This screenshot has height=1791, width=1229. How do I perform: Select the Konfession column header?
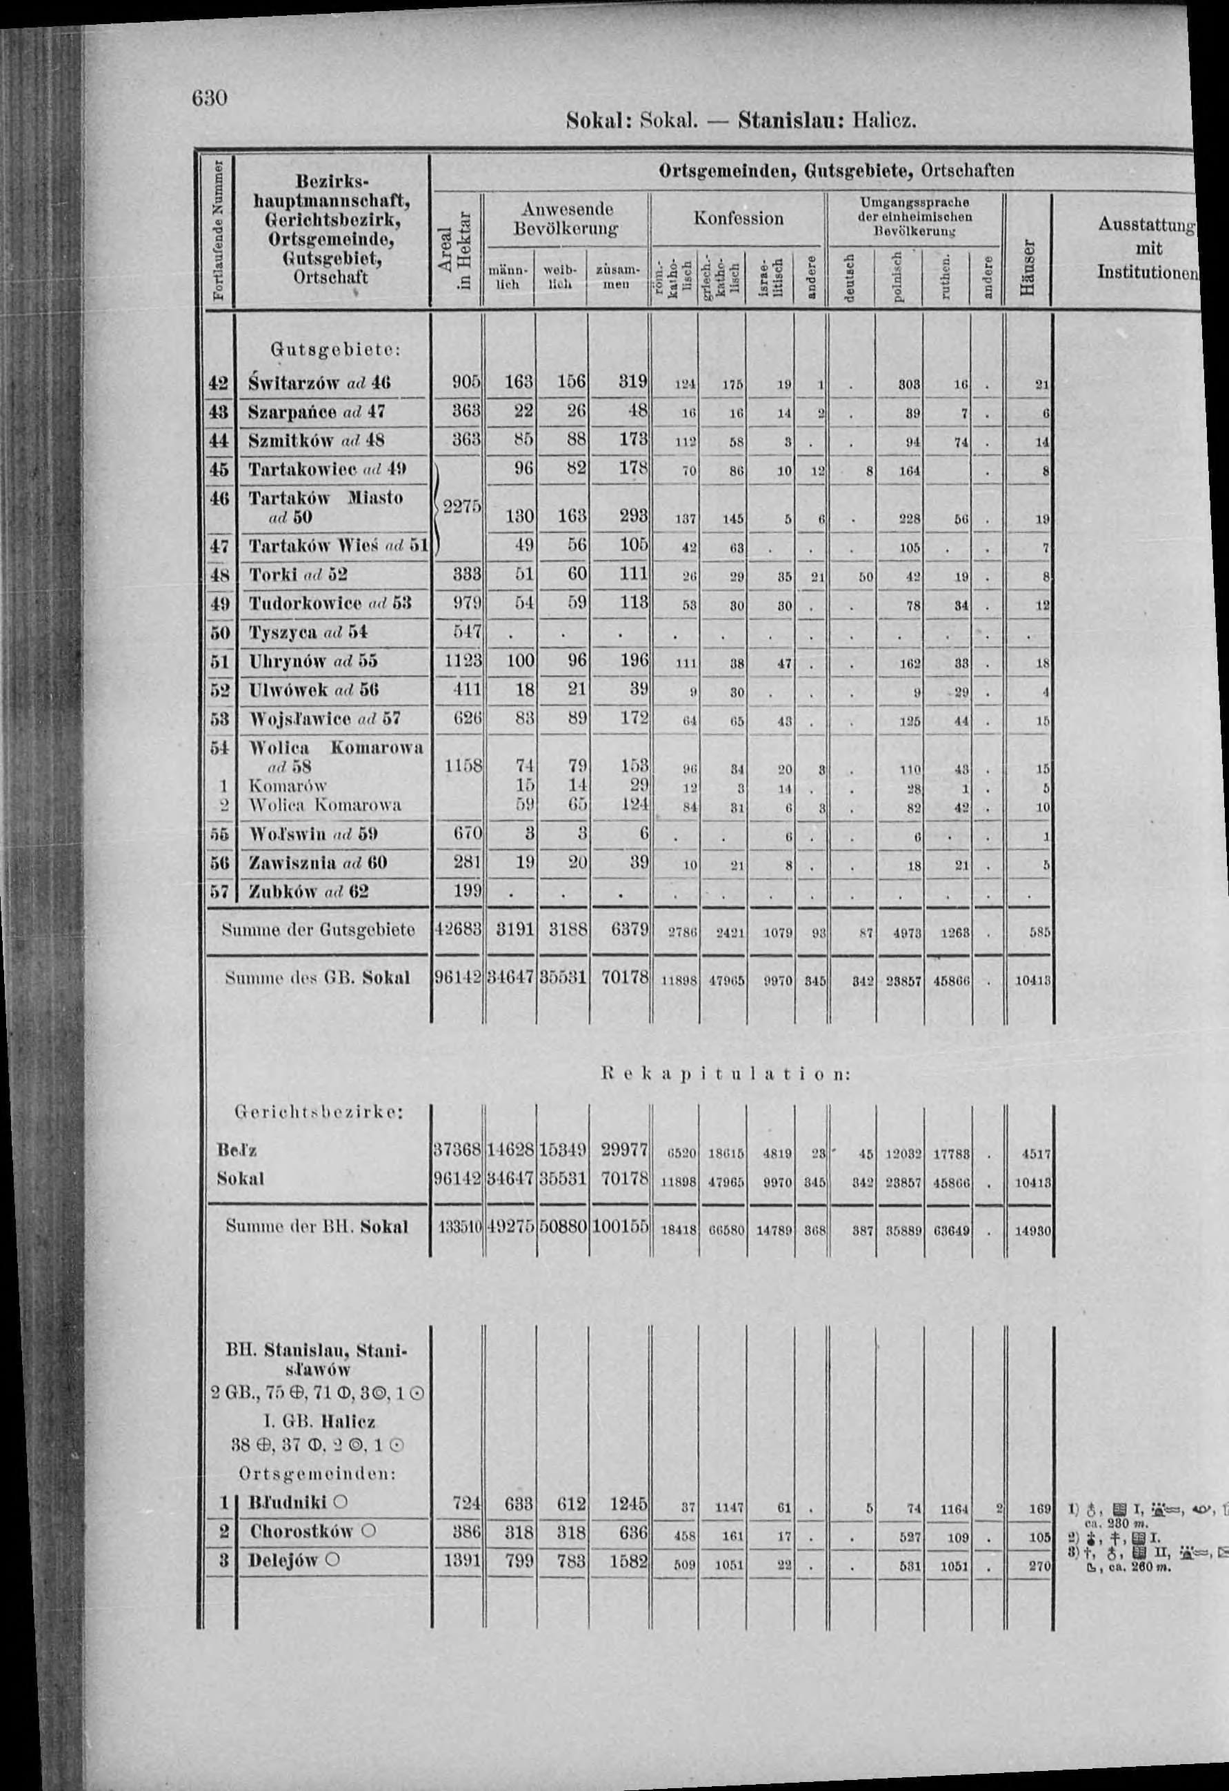[x=738, y=219]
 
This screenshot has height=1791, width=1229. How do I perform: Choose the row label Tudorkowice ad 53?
[x=329, y=603]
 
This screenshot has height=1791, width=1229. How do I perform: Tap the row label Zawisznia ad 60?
[x=317, y=863]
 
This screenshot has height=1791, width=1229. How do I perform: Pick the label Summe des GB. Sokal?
[x=317, y=979]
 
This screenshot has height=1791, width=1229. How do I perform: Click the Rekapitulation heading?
[x=723, y=1074]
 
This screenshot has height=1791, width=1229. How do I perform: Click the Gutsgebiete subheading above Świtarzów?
[x=333, y=350]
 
